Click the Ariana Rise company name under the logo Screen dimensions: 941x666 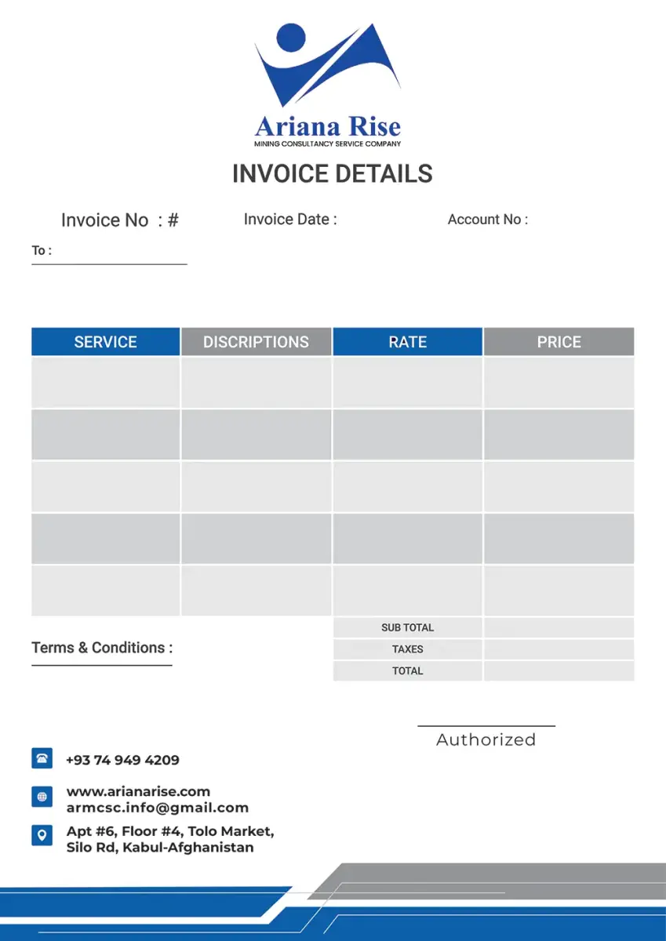327,126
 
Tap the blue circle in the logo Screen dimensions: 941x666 291,37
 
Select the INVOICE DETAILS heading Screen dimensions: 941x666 333,173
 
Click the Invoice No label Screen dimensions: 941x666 119,220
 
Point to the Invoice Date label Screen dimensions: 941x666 290,220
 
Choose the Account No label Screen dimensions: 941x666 487,220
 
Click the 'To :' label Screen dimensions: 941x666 42,251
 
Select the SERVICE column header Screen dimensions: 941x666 105,342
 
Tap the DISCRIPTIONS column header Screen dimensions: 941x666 256,342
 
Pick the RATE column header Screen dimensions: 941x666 407,342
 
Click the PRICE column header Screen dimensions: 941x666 559,342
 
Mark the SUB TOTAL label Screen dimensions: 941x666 407,627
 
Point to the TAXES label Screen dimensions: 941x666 407,649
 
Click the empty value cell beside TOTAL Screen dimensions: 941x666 559,670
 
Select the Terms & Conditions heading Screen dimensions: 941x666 102,648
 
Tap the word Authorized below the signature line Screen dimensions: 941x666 486,739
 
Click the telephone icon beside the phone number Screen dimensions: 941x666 42,758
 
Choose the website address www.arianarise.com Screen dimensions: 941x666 138,791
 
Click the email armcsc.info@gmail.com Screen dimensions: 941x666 157,808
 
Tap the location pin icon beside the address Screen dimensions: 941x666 42,835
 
